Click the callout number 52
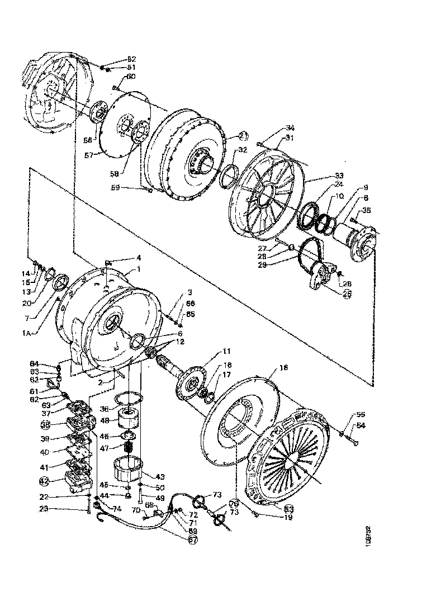pyautogui.click(x=131, y=59)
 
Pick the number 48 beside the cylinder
pyautogui.click(x=104, y=420)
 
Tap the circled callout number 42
pyautogui.click(x=44, y=480)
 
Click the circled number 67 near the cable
pyautogui.click(x=193, y=540)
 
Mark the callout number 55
pyautogui.click(x=361, y=415)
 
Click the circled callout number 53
pyautogui.click(x=289, y=508)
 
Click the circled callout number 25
pyautogui.click(x=347, y=295)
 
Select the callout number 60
pyautogui.click(x=130, y=76)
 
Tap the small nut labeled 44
pyautogui.click(x=128, y=496)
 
